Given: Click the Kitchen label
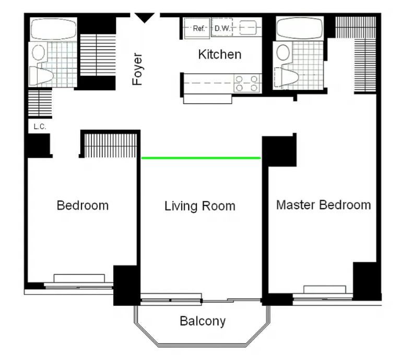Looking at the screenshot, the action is [x=220, y=54].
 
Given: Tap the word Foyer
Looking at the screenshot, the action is [x=137, y=69].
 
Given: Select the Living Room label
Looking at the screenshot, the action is [x=200, y=206].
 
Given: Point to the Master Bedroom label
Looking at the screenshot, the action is [x=323, y=205].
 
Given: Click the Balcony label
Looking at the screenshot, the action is [x=203, y=321].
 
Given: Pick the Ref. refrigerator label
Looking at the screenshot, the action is [x=198, y=28].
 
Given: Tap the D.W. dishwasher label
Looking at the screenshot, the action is [x=222, y=28].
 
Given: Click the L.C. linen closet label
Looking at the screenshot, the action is [x=40, y=127].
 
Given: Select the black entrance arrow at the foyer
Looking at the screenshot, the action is [x=145, y=18].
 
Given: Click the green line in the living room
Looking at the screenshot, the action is [x=201, y=158].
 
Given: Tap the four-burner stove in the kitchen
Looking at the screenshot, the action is [x=247, y=83].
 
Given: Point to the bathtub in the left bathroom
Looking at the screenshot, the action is [x=53, y=29].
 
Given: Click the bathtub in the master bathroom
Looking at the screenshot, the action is [x=300, y=28].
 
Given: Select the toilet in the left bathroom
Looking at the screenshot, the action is [x=41, y=76].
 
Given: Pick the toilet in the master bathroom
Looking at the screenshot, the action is [x=287, y=77].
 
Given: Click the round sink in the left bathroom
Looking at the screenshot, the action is [x=39, y=52].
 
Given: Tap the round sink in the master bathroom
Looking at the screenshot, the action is [x=284, y=52].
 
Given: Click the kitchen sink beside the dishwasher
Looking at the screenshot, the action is [x=248, y=27].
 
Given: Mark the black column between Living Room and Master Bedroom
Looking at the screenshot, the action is [x=279, y=152].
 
